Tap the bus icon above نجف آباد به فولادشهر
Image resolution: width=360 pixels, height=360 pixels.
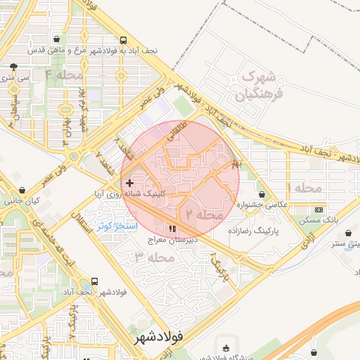click(x=124, y=40)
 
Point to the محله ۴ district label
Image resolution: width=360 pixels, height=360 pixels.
click(x=64, y=73)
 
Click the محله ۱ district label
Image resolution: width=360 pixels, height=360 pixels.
click(x=304, y=188)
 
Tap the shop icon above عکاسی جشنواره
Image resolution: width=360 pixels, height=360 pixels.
click(x=262, y=195)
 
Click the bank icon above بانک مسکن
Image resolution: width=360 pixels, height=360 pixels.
click(x=319, y=210)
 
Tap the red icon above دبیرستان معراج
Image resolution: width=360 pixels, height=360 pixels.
click(x=172, y=229)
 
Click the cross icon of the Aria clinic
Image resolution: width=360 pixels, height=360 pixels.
click(x=129, y=183)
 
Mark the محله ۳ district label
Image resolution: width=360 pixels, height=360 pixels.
click(x=150, y=257)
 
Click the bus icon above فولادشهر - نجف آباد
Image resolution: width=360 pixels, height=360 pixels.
click(x=95, y=281)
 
